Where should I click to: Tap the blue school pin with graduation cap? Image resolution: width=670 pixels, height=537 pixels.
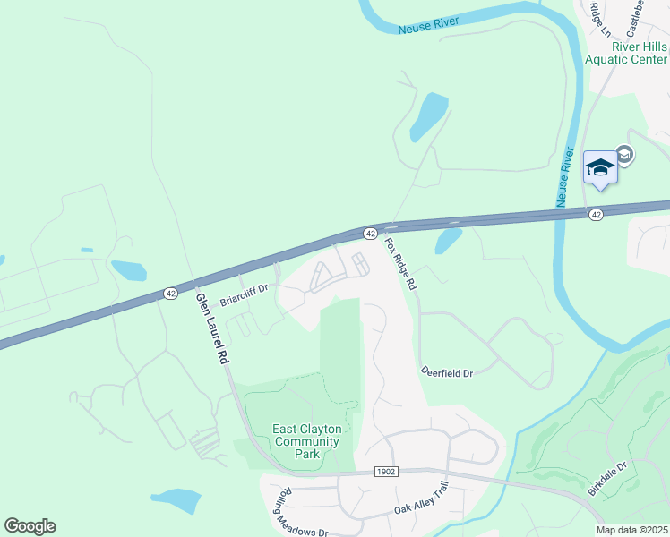[x=600, y=167]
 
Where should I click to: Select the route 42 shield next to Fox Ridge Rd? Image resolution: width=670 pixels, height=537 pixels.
[x=369, y=233]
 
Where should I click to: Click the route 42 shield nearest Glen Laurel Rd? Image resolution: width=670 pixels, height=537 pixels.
[x=170, y=293]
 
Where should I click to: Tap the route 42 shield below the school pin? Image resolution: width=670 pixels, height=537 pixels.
[x=596, y=215]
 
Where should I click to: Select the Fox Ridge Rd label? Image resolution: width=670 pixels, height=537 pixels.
[x=400, y=262]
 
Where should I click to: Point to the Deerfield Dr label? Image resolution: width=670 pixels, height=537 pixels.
[x=446, y=371]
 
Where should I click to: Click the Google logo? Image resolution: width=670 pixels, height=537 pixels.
[x=30, y=526]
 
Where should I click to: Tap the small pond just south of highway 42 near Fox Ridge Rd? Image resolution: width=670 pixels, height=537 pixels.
[x=447, y=239]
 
